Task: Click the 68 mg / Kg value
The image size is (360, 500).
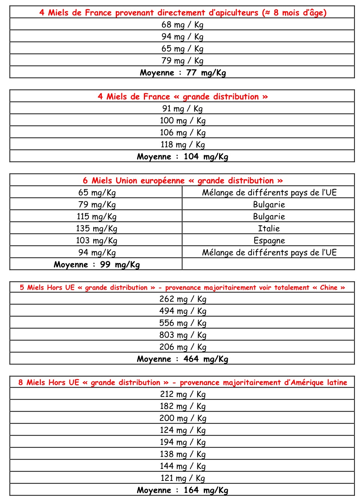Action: coord(182,25)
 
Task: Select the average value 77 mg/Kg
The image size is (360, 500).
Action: coord(206,73)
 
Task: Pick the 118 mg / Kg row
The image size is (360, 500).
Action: coord(182,145)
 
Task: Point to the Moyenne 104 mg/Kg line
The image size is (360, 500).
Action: coord(182,157)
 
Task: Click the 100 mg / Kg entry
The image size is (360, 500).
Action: coord(182,121)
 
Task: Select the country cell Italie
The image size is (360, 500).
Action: coord(269,229)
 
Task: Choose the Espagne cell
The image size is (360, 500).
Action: coord(269,241)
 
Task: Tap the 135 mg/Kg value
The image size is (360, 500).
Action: coord(97,229)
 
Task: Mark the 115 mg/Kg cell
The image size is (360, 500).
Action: coord(97,217)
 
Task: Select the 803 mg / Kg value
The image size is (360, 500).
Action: coord(182,335)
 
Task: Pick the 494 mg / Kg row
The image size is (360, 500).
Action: coord(182,311)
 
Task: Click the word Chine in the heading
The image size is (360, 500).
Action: coord(329,287)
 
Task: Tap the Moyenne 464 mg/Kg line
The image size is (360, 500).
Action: coord(182,359)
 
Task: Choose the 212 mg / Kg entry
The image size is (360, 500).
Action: coord(182,394)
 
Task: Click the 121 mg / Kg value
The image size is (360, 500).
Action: coord(182,478)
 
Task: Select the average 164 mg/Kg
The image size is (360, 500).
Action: coord(206,490)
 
